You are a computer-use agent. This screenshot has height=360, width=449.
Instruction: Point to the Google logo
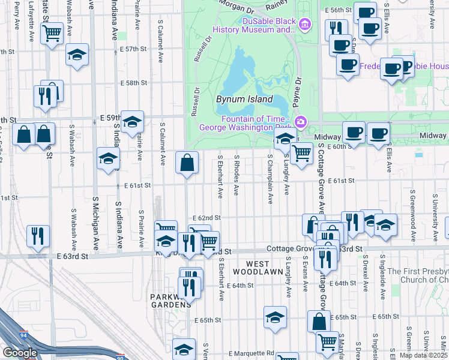[x=20, y=352]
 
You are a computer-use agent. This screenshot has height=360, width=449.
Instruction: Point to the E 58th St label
[x=133, y=83]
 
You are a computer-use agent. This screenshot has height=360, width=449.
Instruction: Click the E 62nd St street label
[x=206, y=218]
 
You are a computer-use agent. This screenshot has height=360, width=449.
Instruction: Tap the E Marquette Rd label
[x=254, y=353]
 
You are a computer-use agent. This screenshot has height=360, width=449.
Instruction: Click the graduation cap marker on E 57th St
[x=77, y=55]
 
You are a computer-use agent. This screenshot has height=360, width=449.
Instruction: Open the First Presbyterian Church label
[x=417, y=275]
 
